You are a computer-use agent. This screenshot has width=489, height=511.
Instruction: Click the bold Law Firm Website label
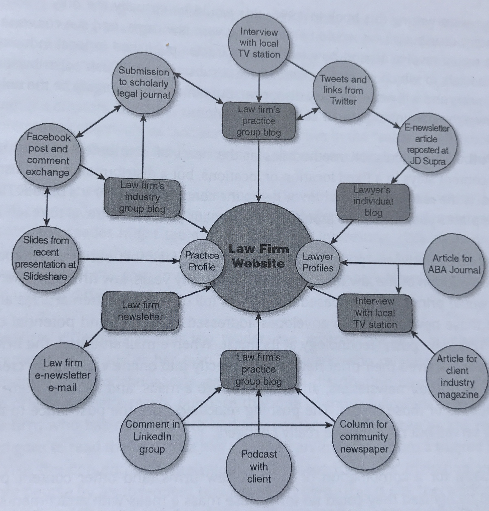click(x=259, y=256)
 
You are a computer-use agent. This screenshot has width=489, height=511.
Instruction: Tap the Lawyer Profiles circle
click(x=318, y=262)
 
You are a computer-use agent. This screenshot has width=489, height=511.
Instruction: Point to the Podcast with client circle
click(x=259, y=467)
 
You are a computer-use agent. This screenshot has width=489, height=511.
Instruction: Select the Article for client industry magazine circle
click(x=457, y=376)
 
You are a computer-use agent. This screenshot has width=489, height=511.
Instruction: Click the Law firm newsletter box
click(x=141, y=311)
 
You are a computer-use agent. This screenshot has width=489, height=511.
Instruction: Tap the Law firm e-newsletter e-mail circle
click(x=63, y=375)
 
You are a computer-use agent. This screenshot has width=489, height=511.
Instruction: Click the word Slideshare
click(x=45, y=276)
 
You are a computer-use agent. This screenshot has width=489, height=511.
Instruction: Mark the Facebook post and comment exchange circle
click(x=48, y=155)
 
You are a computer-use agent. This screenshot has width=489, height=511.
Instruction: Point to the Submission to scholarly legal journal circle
click(x=144, y=83)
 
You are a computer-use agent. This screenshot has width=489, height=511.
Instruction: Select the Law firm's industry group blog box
click(x=142, y=197)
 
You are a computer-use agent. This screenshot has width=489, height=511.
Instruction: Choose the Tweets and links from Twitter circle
click(x=343, y=90)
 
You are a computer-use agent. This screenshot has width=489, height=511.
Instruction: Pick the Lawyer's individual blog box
click(x=373, y=201)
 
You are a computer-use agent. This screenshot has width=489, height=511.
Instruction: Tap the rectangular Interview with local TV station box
click(x=375, y=313)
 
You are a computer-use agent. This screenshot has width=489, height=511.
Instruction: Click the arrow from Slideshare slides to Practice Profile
click(x=128, y=260)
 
